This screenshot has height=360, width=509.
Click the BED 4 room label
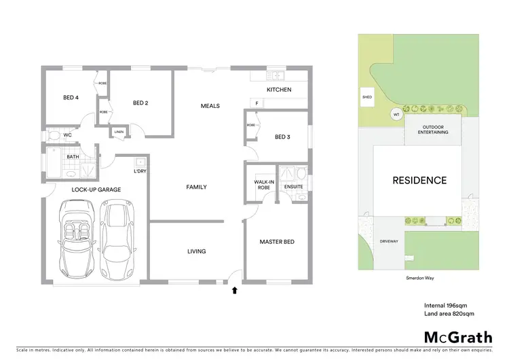click(71, 98)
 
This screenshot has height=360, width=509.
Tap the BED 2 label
click(140, 103)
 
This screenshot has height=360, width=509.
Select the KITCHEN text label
click(278, 90)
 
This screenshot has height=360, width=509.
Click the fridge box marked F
click(257, 103)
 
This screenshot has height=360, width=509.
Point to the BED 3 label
click(282, 137)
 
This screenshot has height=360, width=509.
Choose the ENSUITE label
click(293, 186)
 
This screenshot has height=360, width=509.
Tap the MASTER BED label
click(276, 242)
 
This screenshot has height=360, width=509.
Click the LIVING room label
click(196, 252)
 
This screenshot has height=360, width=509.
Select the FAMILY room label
click(196, 187)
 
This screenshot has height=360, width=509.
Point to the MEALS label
click(210, 106)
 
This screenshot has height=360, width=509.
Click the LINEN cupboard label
click(119, 132)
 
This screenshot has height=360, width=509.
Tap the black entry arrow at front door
click(235, 290)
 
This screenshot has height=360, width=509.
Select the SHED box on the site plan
click(367, 97)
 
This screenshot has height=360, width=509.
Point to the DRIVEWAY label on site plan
click(389, 240)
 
